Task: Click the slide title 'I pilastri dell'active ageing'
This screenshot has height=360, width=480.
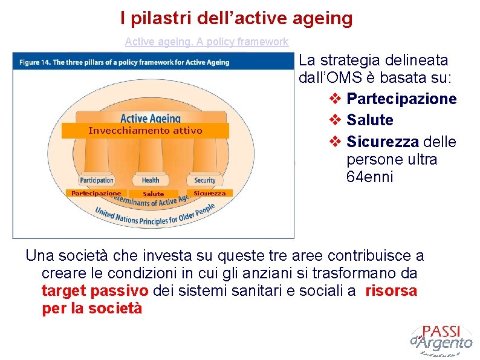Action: (x=236, y=18)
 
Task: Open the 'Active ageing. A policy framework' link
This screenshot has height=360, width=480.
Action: (x=206, y=42)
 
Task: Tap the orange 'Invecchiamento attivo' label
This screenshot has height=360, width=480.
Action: (x=145, y=131)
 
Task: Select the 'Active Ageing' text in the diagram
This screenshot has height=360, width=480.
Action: (x=151, y=118)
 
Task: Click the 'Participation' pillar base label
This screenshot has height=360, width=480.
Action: (x=97, y=180)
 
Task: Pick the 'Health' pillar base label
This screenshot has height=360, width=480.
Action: (x=151, y=180)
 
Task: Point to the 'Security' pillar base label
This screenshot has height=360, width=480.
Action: (x=204, y=180)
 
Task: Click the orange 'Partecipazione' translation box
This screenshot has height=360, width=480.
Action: (x=96, y=194)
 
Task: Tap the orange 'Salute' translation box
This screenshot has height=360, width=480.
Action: (x=153, y=194)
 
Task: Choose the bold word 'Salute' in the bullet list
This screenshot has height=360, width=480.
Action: (x=370, y=120)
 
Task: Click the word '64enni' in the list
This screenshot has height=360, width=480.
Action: (x=369, y=177)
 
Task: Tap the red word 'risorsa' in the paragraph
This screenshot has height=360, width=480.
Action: (x=391, y=290)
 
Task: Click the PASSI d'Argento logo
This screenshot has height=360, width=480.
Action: (x=441, y=340)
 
